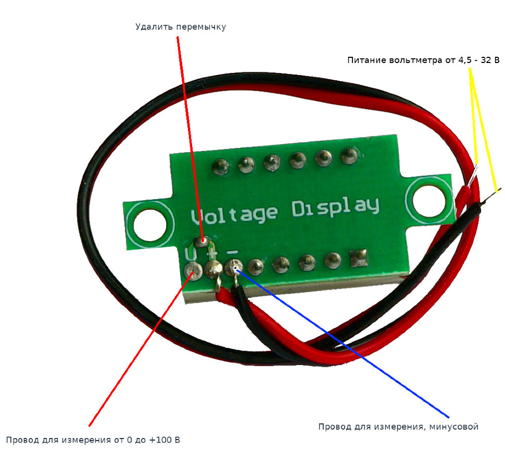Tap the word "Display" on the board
coord(335,207)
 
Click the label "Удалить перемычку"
coord(181,27)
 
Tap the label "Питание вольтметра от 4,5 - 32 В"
coord(423,60)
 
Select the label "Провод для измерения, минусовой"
coord(398,427)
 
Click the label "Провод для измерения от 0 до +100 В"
coord(93,440)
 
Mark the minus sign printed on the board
coord(233,252)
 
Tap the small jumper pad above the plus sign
coord(203,242)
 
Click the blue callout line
coord(344,344)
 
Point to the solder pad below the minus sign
coord(231,268)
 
